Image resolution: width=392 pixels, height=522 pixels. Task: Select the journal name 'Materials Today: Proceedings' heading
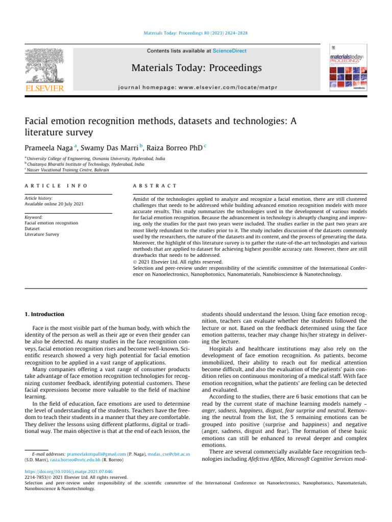coord(197,68)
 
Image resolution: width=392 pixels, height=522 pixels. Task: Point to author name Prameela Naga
coord(47,148)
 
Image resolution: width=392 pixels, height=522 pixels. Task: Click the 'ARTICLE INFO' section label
coord(56,186)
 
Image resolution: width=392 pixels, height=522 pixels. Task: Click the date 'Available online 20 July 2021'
coord(54,204)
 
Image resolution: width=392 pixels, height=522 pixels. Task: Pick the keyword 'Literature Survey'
coord(41,234)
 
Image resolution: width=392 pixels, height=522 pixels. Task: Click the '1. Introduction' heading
coord(44,315)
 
